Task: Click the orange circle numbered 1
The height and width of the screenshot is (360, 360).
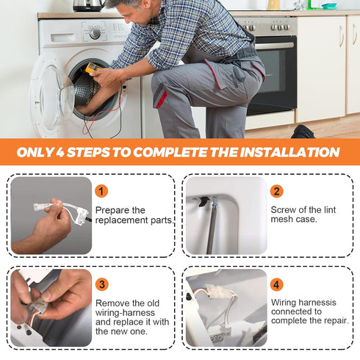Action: coord(101,191)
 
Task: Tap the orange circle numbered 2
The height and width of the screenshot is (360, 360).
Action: coord(276,191)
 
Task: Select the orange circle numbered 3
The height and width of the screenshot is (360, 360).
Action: coord(101,284)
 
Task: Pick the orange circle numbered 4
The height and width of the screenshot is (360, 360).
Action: coord(276,284)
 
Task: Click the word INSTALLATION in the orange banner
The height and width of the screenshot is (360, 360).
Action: coord(289,152)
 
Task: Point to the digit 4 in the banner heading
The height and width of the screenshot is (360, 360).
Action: coord(60,152)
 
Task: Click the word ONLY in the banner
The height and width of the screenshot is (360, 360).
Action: coord(35,152)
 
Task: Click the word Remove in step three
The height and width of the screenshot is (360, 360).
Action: coord(113,303)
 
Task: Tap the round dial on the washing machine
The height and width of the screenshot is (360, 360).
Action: coord(95,33)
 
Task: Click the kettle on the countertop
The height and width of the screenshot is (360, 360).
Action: coord(88,6)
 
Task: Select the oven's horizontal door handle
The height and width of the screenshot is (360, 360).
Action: coord(274,46)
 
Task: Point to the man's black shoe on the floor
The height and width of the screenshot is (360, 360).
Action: coord(303,132)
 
